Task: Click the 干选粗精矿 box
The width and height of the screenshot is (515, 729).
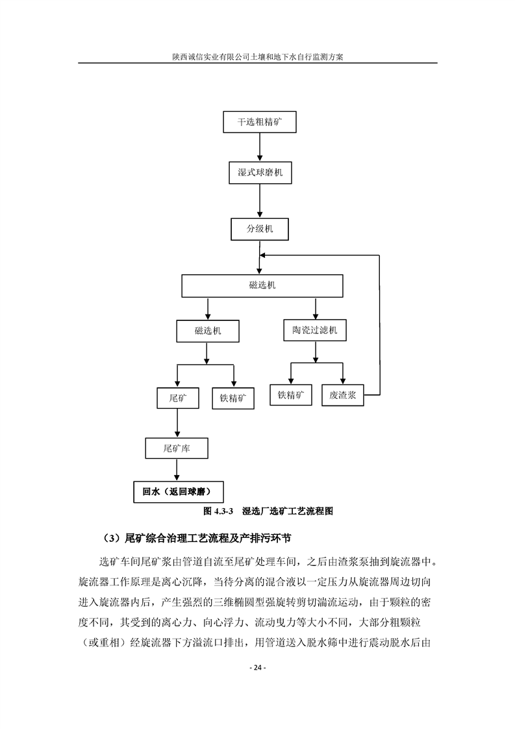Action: (x=259, y=122)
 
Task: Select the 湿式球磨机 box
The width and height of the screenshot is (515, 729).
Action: (x=260, y=172)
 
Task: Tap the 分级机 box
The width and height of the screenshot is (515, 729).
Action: (x=260, y=229)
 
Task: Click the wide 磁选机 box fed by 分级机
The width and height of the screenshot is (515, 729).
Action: (x=262, y=285)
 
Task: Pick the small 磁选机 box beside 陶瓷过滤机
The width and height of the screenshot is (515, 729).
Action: (x=208, y=331)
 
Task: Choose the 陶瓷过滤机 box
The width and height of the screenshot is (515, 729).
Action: (x=315, y=330)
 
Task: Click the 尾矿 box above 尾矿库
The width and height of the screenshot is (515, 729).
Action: (x=177, y=398)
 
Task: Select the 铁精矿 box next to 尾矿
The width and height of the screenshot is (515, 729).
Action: (x=233, y=398)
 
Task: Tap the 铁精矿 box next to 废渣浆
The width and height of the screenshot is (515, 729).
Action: (x=291, y=395)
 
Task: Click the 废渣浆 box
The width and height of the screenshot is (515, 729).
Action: (x=342, y=395)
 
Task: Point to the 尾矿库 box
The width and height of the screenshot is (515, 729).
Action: (x=177, y=449)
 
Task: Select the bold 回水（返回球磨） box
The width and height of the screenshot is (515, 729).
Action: (x=179, y=492)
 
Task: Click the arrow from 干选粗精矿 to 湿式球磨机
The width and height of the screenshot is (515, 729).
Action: (x=260, y=147)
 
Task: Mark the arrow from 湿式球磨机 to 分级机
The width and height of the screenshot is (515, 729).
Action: (x=260, y=201)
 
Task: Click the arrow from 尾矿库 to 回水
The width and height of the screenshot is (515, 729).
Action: (x=177, y=470)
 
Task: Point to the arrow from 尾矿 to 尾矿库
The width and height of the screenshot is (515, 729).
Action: (x=177, y=423)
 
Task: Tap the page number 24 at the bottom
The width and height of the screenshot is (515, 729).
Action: (x=258, y=668)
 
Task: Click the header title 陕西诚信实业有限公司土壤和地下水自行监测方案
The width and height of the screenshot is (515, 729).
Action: (x=257, y=57)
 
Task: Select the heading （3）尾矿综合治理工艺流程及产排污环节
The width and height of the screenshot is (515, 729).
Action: (x=195, y=539)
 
